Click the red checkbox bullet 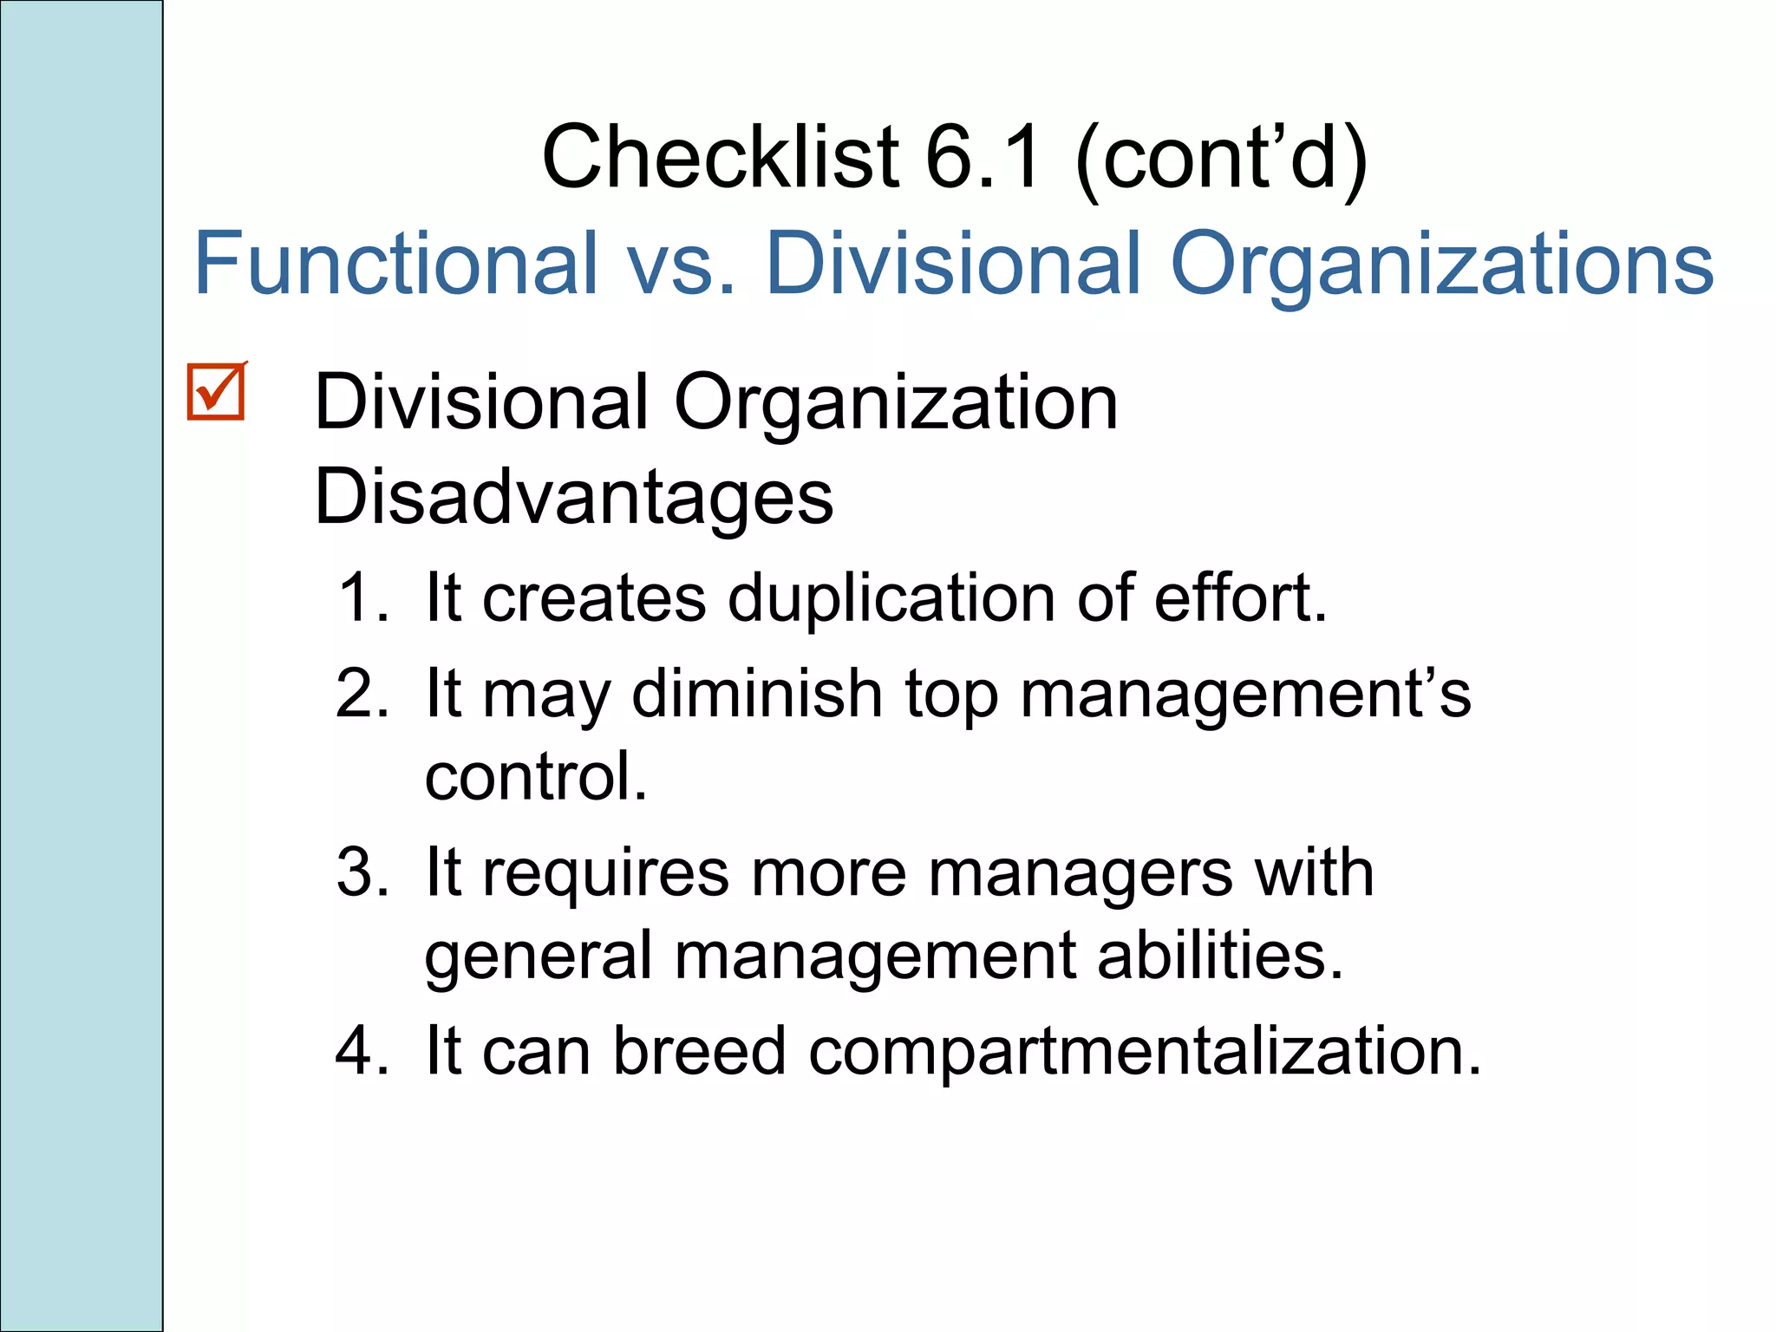point(216,393)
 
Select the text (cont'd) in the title point(1221,159)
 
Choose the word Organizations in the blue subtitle point(1441,264)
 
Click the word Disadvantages point(573,497)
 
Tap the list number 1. point(362,597)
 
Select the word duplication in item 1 point(891,597)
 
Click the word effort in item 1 point(1239,597)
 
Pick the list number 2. point(362,693)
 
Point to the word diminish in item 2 point(757,693)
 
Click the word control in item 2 point(535,776)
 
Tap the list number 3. point(362,872)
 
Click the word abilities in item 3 point(1219,955)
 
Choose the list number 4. point(362,1050)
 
